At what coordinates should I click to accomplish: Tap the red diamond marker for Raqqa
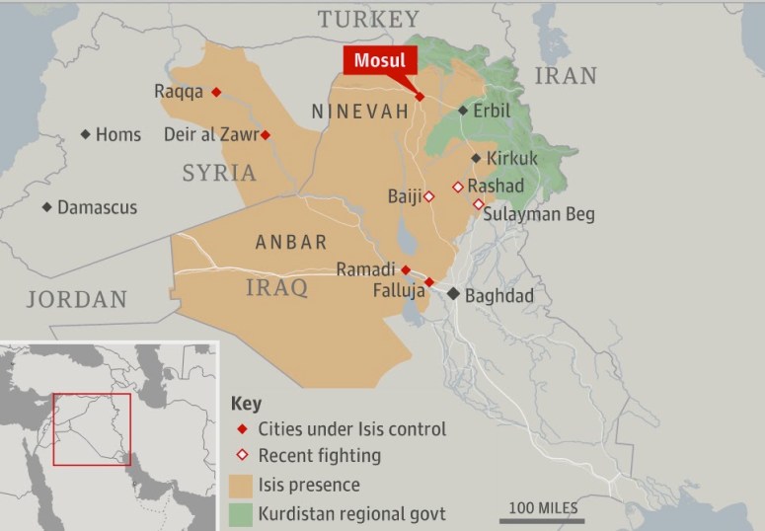tap(216, 92)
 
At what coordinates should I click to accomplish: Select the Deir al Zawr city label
tap(210, 135)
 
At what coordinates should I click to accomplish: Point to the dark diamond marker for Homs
tap(86, 134)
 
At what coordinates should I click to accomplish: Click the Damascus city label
tap(97, 207)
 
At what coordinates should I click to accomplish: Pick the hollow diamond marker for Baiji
tap(428, 196)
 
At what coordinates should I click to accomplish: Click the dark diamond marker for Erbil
tap(462, 112)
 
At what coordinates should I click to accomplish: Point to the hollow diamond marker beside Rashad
tap(458, 187)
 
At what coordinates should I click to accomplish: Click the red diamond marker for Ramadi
tap(406, 268)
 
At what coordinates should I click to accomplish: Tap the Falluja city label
tap(399, 291)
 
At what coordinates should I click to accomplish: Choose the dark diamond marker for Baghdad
tap(453, 294)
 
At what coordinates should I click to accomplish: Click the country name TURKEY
tap(367, 19)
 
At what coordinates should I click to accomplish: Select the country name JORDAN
tap(77, 299)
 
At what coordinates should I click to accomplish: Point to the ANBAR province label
tap(290, 242)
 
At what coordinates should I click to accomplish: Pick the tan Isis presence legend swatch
tap(240, 485)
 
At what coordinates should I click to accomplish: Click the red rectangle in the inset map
tap(92, 429)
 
